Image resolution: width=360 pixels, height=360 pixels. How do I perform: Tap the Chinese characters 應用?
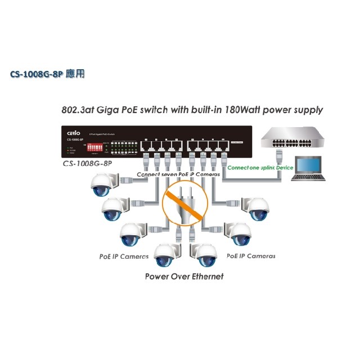75,74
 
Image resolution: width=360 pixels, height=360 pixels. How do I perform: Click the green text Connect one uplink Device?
260,167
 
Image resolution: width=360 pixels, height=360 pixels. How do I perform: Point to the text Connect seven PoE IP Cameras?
178,174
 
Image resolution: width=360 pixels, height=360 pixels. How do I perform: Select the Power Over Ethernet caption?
184,276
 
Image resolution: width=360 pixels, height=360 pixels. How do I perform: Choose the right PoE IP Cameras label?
251,256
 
